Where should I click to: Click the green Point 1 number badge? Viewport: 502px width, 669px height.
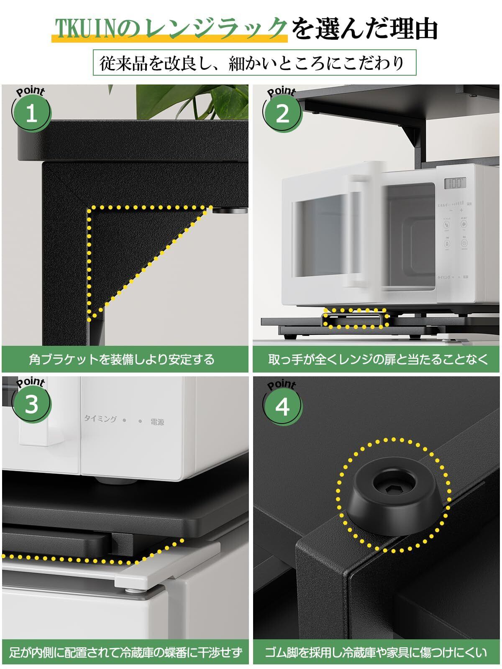(32, 113)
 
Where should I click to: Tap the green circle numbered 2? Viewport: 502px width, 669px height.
(283, 113)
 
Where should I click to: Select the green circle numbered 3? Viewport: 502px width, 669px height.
(32, 404)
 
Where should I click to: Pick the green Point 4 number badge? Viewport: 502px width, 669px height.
(283, 406)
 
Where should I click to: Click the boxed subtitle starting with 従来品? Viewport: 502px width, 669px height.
(254, 63)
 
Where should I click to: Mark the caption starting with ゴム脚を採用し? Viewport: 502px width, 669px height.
(376, 652)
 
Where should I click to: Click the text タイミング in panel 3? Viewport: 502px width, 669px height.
(100, 419)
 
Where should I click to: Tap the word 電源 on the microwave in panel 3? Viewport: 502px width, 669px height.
(157, 422)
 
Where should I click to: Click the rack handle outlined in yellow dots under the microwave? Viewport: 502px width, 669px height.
(355, 319)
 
